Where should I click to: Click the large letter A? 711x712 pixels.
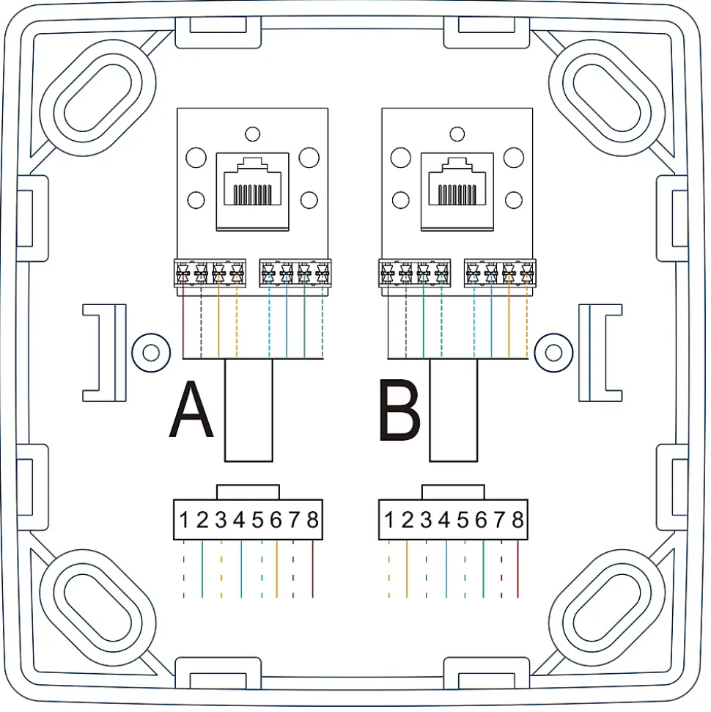pos(191,410)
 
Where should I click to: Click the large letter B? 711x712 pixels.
pos(400,410)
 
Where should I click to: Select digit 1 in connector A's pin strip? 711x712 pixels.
pos(184,520)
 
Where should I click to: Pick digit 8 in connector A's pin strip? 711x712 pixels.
pos(312,520)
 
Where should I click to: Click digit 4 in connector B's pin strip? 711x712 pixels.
pos(444,520)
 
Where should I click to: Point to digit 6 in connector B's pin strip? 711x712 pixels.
pos(481,520)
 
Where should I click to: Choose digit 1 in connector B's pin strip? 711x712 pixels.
pos(389,520)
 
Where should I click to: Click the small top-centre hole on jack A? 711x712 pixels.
pos(252,134)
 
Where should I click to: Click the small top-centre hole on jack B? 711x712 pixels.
pos(457,134)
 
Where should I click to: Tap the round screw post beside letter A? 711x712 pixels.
pos(151,353)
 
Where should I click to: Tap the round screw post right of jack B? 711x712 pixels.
pos(553,353)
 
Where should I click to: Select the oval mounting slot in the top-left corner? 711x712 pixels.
pos(97,98)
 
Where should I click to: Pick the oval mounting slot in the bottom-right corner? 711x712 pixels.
pos(607,607)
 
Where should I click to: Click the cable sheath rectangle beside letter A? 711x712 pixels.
pos(248,410)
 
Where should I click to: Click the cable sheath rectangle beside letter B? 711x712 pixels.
pos(454,410)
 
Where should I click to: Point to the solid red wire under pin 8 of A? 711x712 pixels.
pos(313,569)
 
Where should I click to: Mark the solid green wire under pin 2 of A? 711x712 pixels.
pos(202,569)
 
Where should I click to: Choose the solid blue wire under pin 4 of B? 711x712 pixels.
pos(446,569)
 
